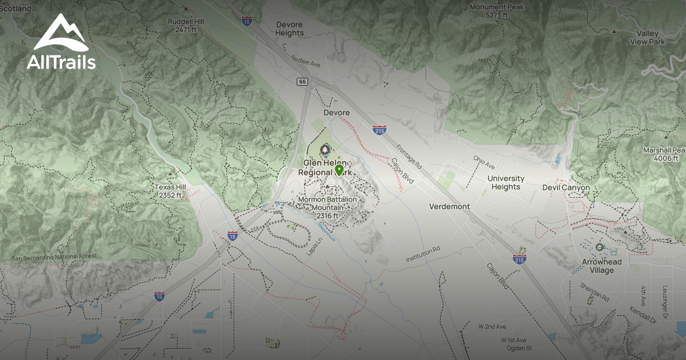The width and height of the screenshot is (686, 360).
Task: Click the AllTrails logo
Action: [x=61, y=42]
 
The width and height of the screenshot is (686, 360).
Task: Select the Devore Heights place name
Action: [x=290, y=29]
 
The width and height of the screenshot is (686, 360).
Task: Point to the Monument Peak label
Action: [x=489, y=11]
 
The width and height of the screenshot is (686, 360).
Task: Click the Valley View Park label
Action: [x=647, y=38]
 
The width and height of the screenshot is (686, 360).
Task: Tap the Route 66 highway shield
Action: [x=302, y=82]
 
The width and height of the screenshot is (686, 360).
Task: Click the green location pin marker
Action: [x=339, y=170]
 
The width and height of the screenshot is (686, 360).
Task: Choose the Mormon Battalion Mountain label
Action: [x=328, y=207]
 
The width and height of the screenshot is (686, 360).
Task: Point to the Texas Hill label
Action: [x=170, y=191]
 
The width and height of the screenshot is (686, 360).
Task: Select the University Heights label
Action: [x=506, y=183]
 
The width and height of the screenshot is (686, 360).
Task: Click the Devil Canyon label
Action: [x=566, y=187]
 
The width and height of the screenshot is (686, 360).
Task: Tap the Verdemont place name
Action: [x=449, y=206]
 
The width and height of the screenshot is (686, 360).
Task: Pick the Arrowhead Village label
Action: [x=603, y=266]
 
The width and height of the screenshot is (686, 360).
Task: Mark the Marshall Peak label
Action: [x=663, y=153]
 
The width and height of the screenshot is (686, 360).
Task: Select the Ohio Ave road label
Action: [x=484, y=162]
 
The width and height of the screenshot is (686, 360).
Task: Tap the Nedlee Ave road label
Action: [x=306, y=61]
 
